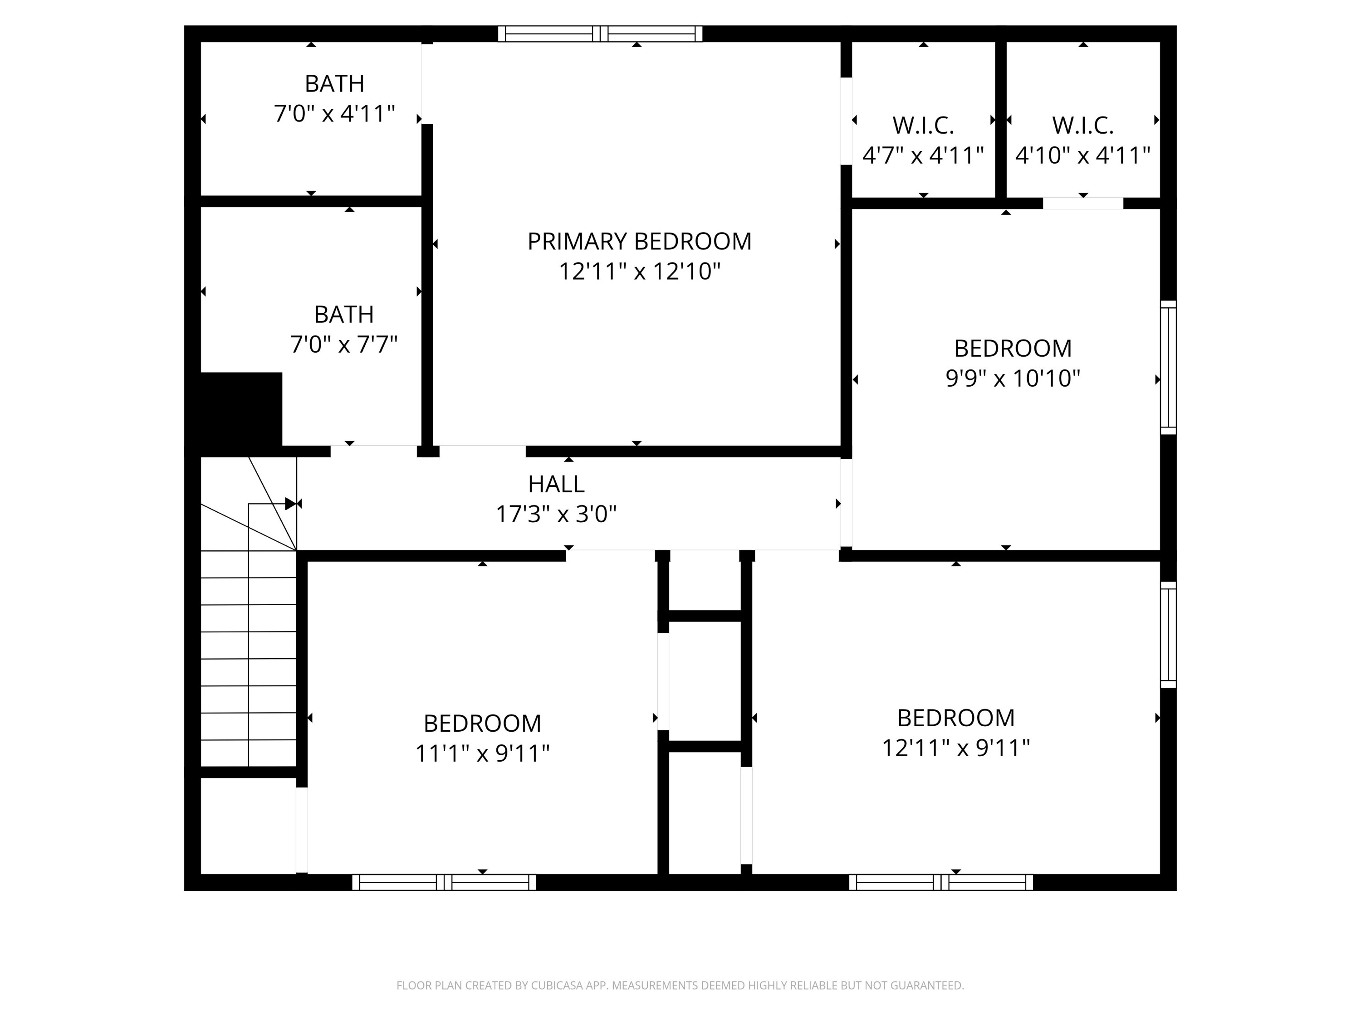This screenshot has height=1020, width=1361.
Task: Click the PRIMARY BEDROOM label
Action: pyautogui.click(x=639, y=242)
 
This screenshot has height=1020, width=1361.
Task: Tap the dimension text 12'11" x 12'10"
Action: pyautogui.click(x=639, y=271)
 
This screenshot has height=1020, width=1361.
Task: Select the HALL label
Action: pyautogui.click(x=556, y=485)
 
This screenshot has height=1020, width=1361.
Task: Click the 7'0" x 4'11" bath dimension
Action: pyautogui.click(x=334, y=114)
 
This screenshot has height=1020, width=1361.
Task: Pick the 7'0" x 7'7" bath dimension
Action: pyautogui.click(x=344, y=344)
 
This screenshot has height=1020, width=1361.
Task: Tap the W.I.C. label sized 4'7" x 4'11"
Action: pyautogui.click(x=923, y=126)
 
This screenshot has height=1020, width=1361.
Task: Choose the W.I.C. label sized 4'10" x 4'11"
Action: pyautogui.click(x=1083, y=126)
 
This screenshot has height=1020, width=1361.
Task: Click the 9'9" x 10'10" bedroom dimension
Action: pyautogui.click(x=1013, y=378)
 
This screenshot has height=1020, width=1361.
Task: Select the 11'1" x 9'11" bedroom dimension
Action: pyautogui.click(x=482, y=753)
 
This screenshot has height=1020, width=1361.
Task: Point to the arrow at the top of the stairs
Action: pyautogui.click(x=290, y=504)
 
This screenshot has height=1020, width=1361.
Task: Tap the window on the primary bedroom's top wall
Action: pyautogui.click(x=600, y=34)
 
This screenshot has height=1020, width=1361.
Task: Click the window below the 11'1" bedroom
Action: pyautogui.click(x=444, y=882)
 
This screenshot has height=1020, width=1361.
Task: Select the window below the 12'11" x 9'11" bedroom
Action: pyautogui.click(x=941, y=882)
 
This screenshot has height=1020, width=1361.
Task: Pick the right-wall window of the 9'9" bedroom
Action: pyautogui.click(x=1168, y=367)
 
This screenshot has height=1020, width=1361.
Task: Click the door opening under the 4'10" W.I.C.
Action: pyautogui.click(x=1083, y=204)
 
